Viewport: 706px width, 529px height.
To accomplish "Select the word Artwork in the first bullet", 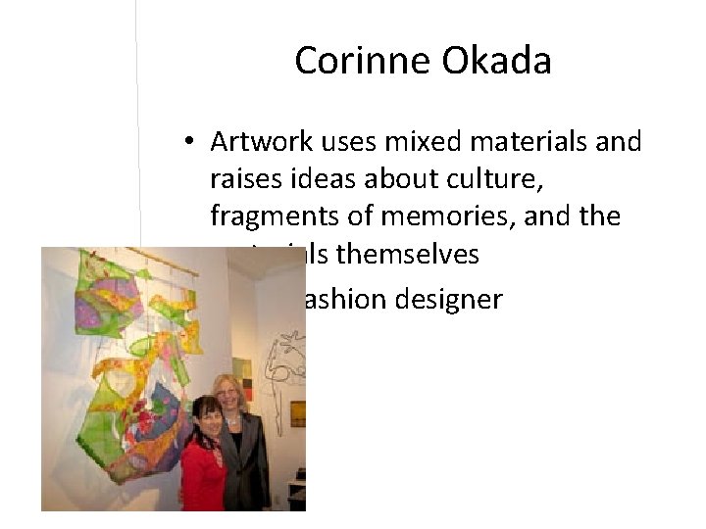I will click(x=257, y=143).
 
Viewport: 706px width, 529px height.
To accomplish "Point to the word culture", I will click(x=516, y=179).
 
